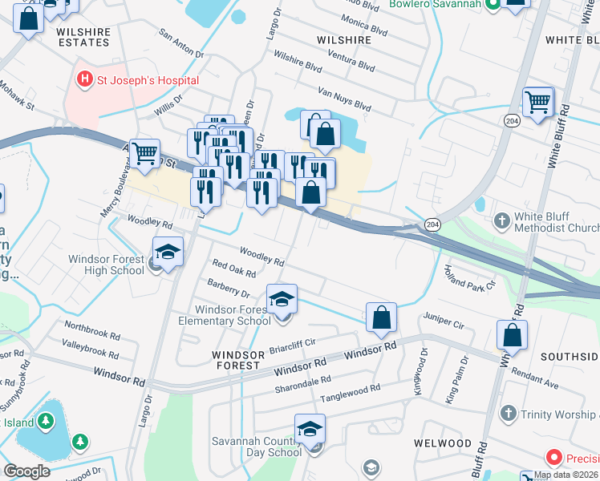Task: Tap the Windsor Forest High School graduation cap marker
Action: pyautogui.click(x=168, y=253)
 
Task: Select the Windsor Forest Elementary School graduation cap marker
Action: pyautogui.click(x=282, y=300)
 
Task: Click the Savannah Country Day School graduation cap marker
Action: pyautogui.click(x=310, y=429)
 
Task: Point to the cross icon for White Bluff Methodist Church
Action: pyautogui.click(x=502, y=220)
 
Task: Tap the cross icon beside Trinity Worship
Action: pyautogui.click(x=507, y=414)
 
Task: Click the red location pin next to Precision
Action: pyautogui.click(x=553, y=458)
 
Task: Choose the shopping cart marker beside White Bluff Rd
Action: pyautogui.click(x=537, y=102)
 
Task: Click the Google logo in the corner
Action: pyautogui.click(x=26, y=471)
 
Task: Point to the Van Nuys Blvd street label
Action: pyautogui.click(x=345, y=99)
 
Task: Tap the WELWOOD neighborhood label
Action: pyautogui.click(x=443, y=443)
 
